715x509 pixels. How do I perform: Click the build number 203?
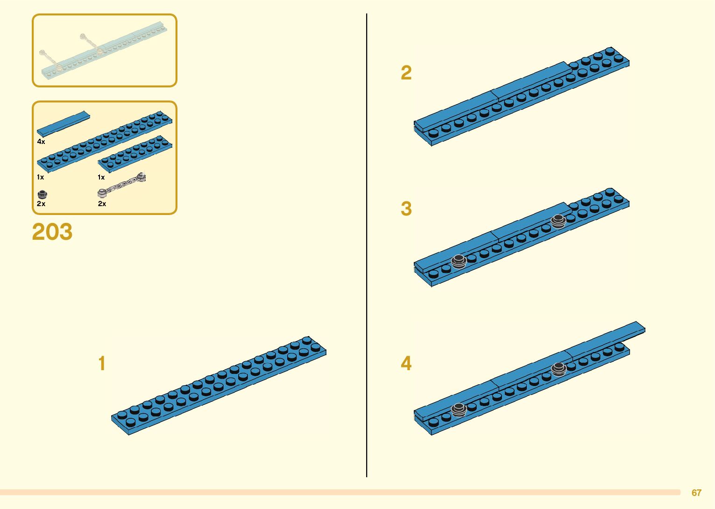point(52,232)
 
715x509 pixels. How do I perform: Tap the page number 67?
point(696,493)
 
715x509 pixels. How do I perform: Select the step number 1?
point(102,364)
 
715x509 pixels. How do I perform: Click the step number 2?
point(406,73)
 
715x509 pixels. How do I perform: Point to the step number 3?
point(406,209)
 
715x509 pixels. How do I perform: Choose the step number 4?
point(406,364)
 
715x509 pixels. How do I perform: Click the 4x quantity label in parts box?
point(41,142)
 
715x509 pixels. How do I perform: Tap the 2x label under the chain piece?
point(102,204)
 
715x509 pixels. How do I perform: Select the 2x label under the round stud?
point(41,204)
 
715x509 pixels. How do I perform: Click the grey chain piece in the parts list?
point(122,185)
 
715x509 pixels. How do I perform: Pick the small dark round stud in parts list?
point(42,194)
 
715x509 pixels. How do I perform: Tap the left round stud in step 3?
point(459,261)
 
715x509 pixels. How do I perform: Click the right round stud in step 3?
point(558,221)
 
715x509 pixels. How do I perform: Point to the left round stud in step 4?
point(459,410)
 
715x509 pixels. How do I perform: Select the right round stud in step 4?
point(559,369)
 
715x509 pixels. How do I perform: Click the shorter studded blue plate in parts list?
point(135,154)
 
